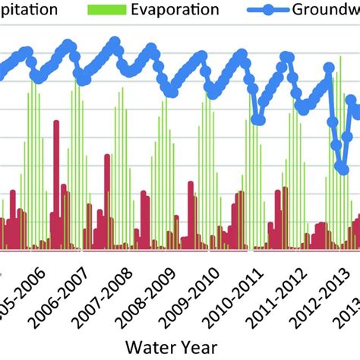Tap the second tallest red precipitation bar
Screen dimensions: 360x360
[x=107, y=201]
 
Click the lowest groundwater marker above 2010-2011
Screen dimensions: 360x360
[x=257, y=120]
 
